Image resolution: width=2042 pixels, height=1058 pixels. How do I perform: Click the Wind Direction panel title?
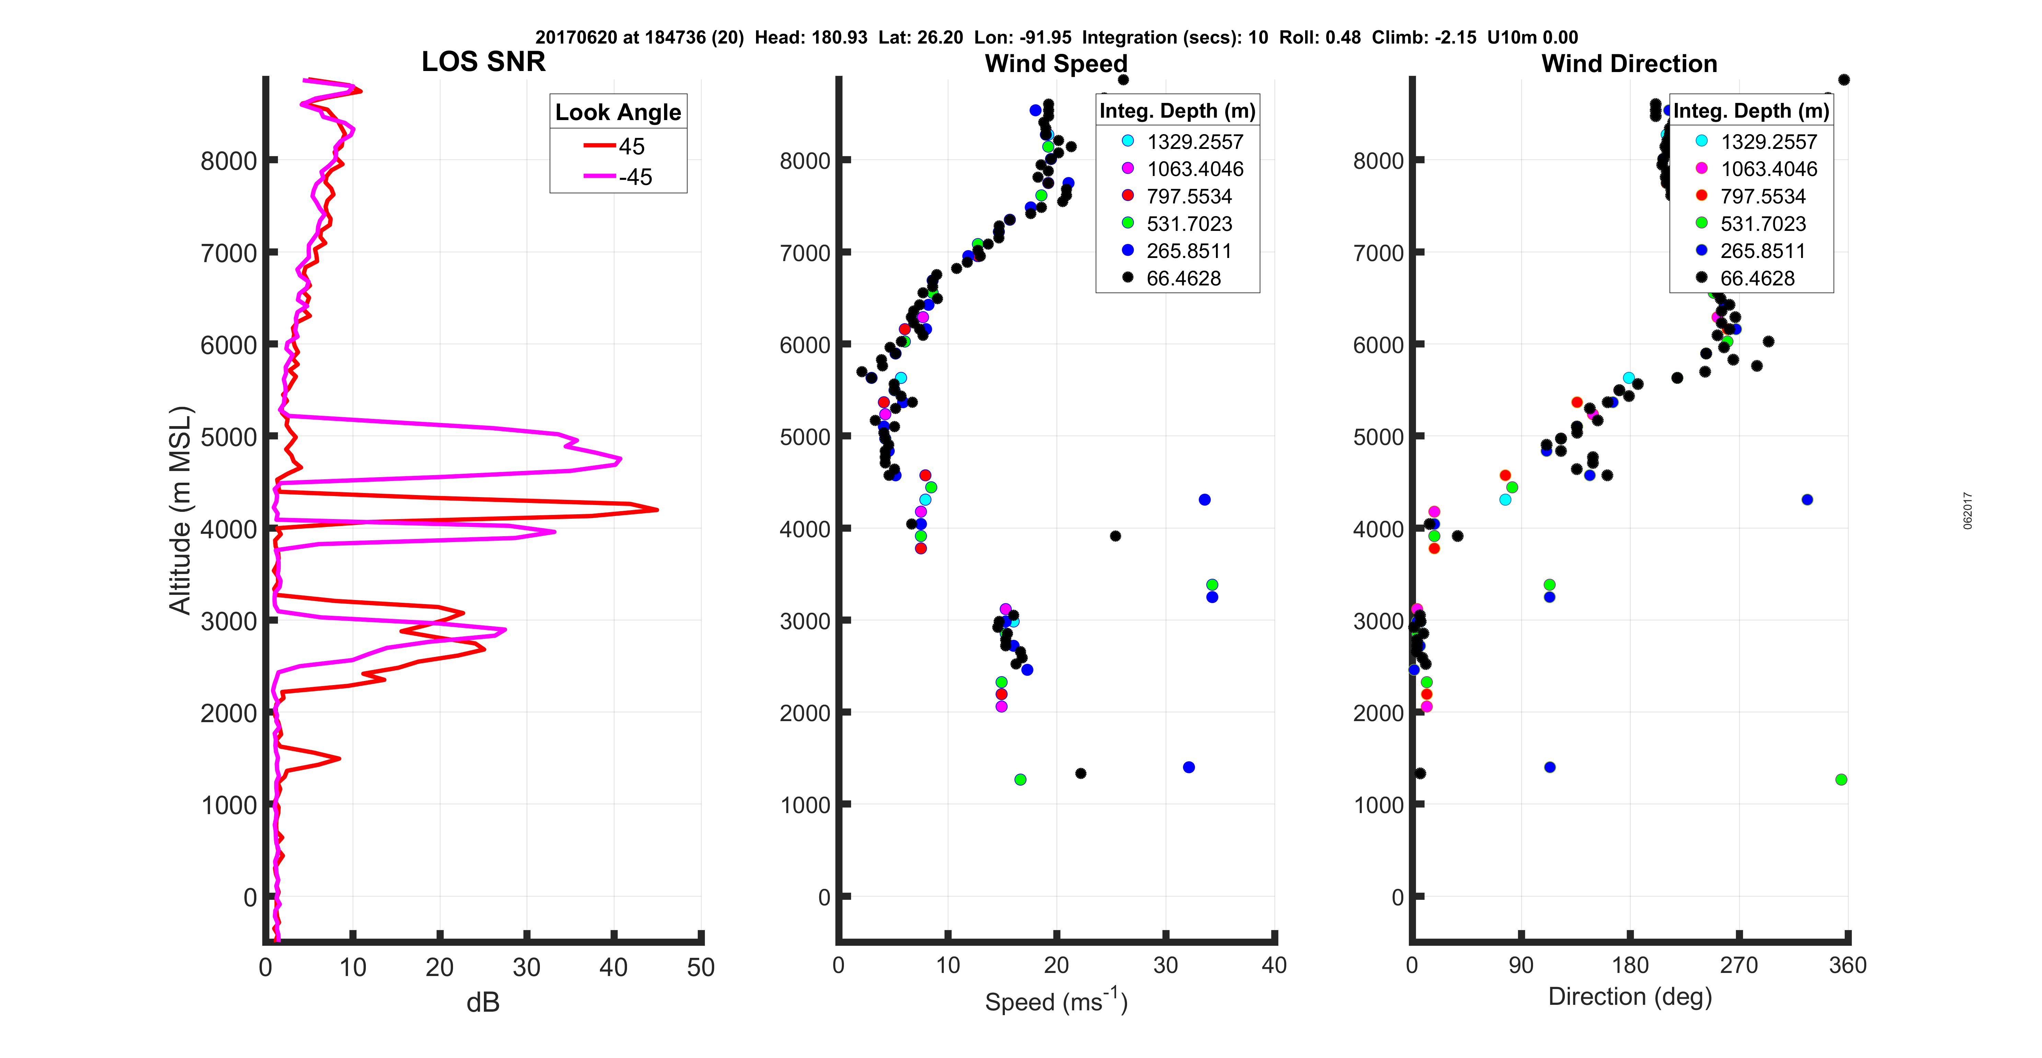tap(1629, 63)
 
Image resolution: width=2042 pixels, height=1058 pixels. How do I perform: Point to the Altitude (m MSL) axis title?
tap(181, 509)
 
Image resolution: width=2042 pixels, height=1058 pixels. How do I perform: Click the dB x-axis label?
tap(483, 1002)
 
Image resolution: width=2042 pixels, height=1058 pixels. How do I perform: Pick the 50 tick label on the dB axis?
tap(701, 967)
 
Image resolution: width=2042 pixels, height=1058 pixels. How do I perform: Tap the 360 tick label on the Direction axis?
tap(1847, 965)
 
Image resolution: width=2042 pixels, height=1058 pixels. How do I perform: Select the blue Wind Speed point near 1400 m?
tap(1188, 767)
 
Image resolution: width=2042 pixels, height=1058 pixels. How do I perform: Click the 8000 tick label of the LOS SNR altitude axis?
tap(228, 161)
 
